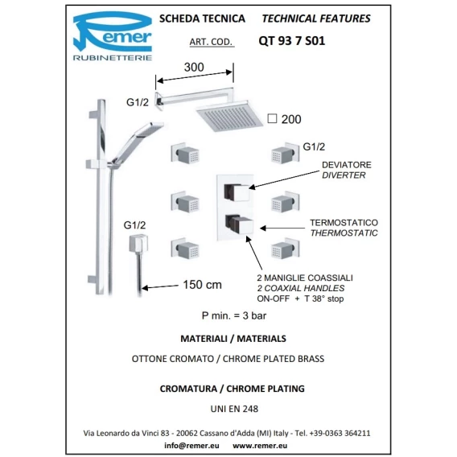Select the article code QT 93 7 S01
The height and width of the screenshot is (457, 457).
pos(292,41)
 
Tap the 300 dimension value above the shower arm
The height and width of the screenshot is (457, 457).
pos(194,68)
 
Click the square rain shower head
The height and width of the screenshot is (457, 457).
pos(229,116)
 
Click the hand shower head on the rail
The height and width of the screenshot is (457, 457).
pos(150,129)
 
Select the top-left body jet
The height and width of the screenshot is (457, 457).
pos(185,153)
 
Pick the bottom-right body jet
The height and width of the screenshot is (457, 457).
pos(285,249)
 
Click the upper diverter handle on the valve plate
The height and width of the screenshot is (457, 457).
pos(237,192)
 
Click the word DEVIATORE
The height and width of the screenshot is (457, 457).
pos(347,165)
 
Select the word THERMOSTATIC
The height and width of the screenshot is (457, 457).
pos(344,233)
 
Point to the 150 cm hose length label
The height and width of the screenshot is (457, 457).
pos(202,285)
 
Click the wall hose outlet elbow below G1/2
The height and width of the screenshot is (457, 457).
pos(138,243)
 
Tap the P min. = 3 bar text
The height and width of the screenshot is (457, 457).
pos(234,315)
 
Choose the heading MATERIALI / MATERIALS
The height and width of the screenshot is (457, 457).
pos(233,339)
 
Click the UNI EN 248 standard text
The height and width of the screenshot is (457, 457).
pos(234,409)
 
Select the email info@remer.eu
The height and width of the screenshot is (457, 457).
pos(191,446)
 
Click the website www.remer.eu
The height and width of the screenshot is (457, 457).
pos(260,446)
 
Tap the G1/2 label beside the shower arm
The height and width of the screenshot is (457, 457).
pos(138,102)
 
